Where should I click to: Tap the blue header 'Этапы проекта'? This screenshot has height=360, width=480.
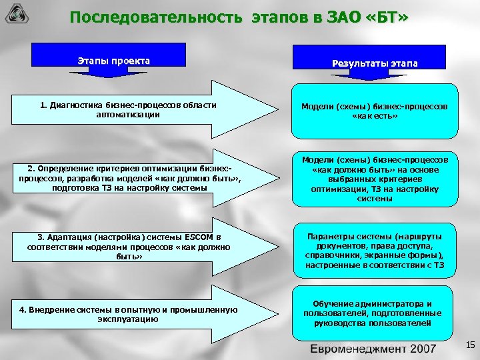point(114,61)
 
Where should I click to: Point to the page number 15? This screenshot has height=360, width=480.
point(469,345)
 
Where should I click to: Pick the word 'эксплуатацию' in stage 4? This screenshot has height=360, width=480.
point(127,319)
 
